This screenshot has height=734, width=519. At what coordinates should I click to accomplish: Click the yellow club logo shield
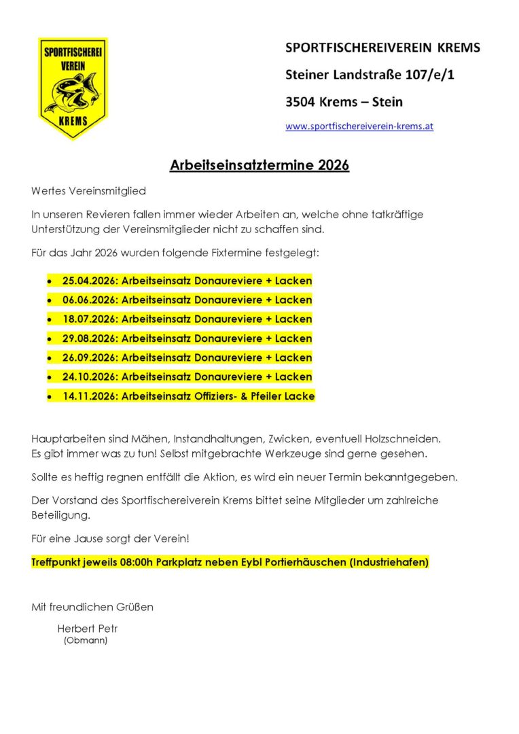click(x=73, y=88)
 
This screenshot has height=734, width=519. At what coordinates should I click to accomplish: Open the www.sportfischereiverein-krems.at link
click(x=359, y=126)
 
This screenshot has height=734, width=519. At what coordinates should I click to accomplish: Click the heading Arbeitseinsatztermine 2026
click(x=259, y=165)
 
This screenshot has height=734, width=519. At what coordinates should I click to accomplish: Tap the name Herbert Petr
click(x=88, y=629)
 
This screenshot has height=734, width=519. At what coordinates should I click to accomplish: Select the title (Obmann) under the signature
click(x=86, y=640)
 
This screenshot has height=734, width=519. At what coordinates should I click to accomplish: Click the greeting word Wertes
click(x=50, y=192)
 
